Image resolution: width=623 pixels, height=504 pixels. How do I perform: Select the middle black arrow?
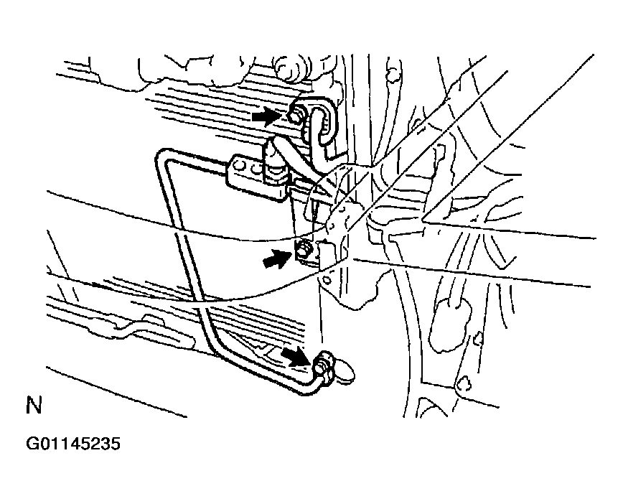[277, 258]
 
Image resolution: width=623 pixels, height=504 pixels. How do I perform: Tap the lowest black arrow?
[296, 355]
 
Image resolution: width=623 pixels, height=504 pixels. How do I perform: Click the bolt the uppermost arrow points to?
[296, 116]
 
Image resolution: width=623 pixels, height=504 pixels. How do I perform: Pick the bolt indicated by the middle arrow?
[304, 251]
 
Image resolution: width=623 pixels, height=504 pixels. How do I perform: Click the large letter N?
[34, 405]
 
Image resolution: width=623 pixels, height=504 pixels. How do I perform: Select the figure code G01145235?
[72, 444]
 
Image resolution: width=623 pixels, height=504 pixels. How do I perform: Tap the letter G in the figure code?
[32, 444]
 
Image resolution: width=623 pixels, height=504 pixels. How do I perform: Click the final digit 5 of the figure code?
[116, 444]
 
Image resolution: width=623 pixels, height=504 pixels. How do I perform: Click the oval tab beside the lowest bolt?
[345, 372]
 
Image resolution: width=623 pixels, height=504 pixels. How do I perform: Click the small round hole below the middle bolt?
[327, 280]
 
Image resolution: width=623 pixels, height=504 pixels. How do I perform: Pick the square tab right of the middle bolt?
[327, 253]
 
